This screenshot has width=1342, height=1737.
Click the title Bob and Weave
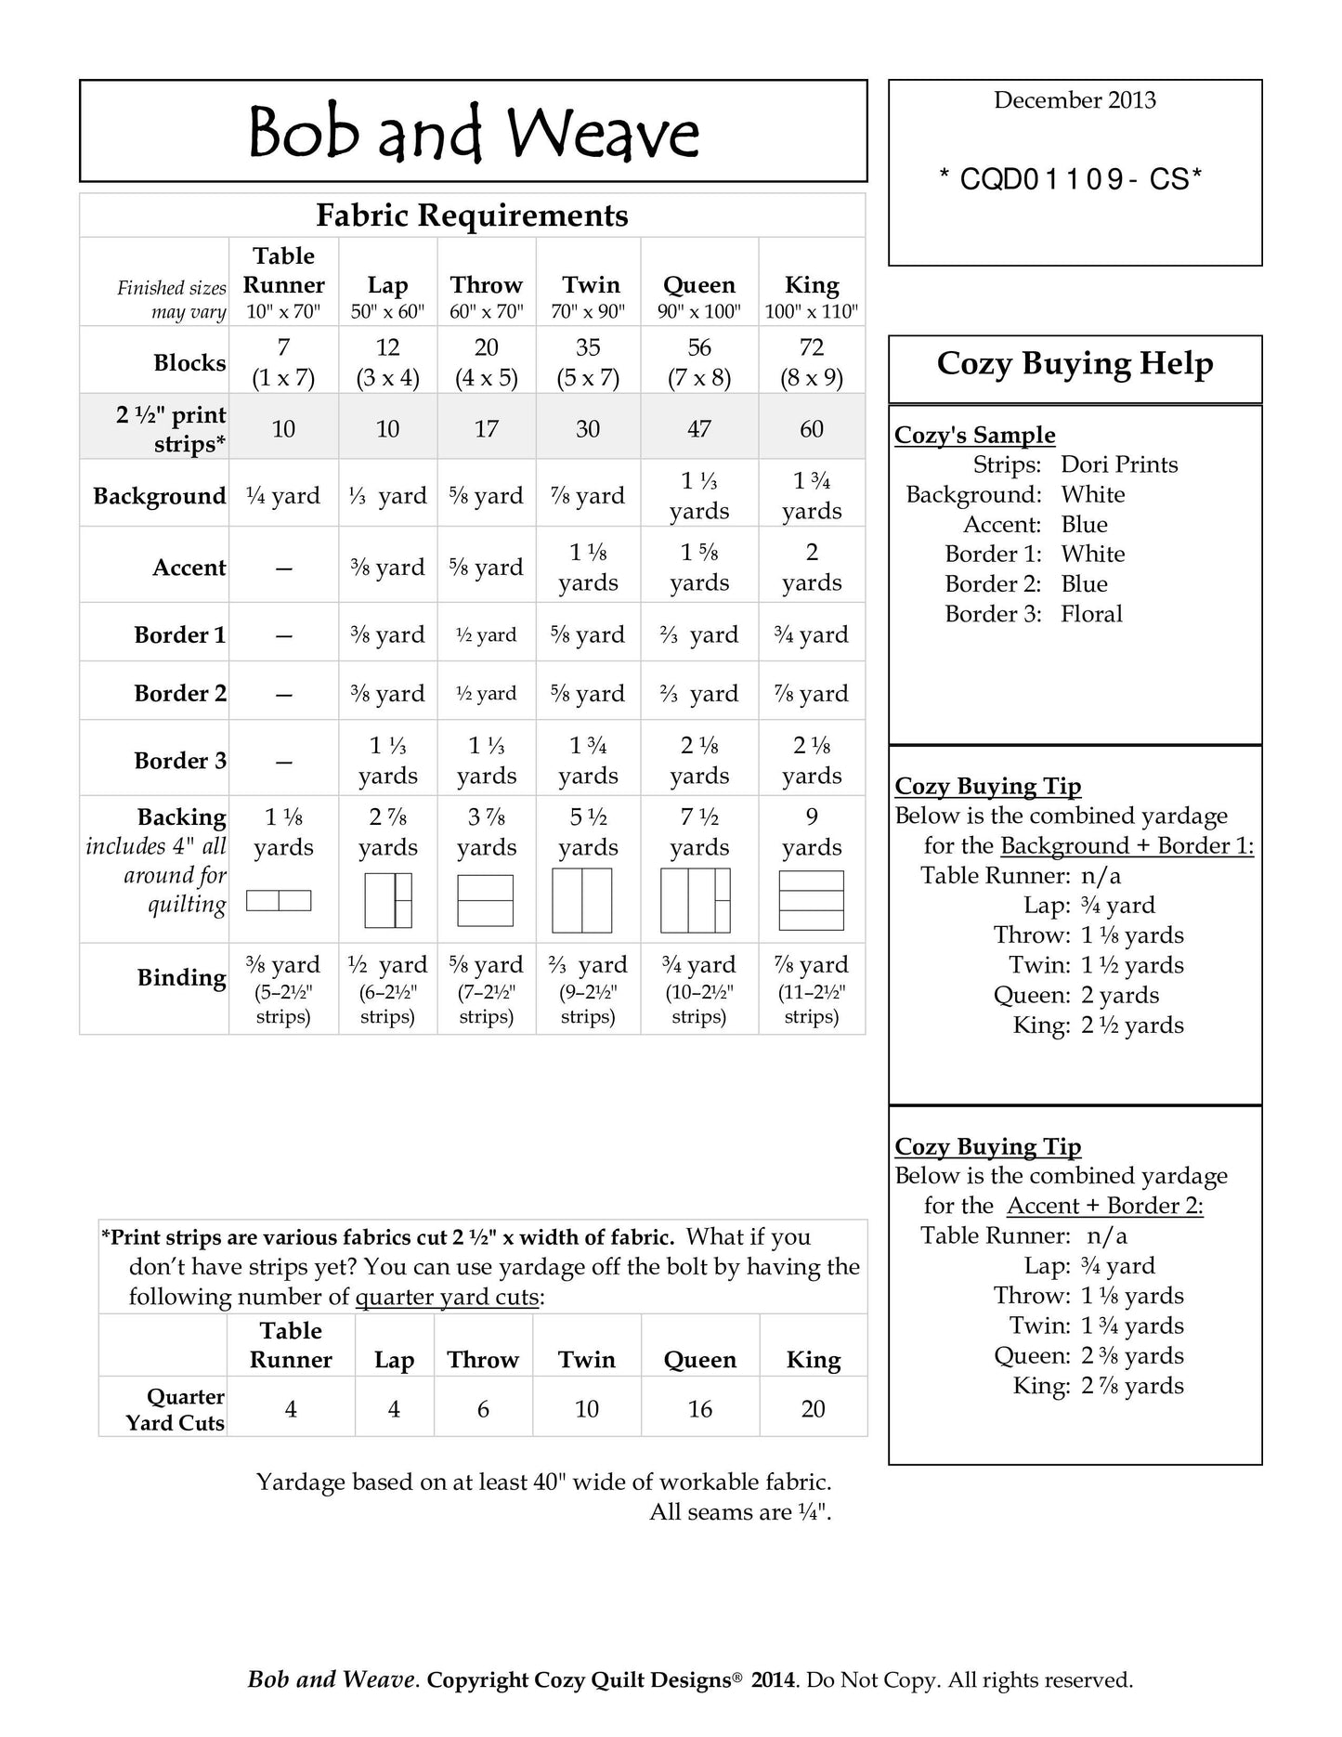pyautogui.click(x=474, y=133)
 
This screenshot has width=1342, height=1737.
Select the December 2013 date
pyautogui.click(x=1075, y=100)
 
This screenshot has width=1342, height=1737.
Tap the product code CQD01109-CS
pyautogui.click(x=1070, y=179)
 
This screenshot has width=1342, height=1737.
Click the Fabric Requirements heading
pyautogui.click(x=472, y=215)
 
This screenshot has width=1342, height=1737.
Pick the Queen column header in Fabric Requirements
pyautogui.click(x=698, y=285)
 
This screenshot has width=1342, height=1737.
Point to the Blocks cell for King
pyautogui.click(x=811, y=361)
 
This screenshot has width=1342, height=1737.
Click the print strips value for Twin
pyautogui.click(x=588, y=428)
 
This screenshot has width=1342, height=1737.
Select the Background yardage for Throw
pyautogui.click(x=486, y=496)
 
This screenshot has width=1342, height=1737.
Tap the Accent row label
pyautogui.click(x=189, y=568)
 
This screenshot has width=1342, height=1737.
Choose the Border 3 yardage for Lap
pyautogui.click(x=387, y=760)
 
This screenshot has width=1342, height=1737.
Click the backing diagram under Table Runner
pyautogui.click(x=279, y=900)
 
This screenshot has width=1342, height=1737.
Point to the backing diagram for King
pyautogui.click(x=811, y=900)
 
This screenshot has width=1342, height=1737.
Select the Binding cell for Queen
pyautogui.click(x=698, y=988)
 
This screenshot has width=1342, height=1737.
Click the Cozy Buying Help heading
pyautogui.click(x=1075, y=363)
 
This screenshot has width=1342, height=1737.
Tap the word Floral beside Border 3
pyautogui.click(x=1091, y=614)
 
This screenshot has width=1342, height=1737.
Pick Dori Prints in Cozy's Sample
pyautogui.click(x=1119, y=464)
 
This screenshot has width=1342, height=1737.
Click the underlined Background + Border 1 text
pyautogui.click(x=1127, y=846)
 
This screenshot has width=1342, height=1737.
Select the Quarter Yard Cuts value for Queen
pyautogui.click(x=699, y=1409)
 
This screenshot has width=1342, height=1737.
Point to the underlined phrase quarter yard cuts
pyautogui.click(x=447, y=1297)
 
